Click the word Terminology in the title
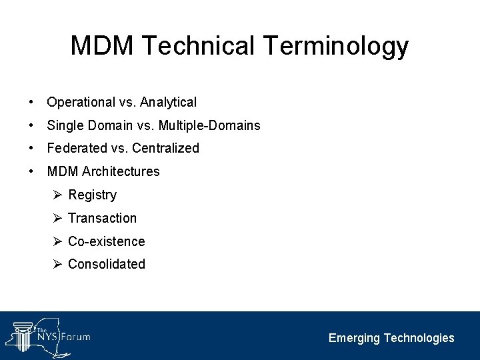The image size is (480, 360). click(335, 47)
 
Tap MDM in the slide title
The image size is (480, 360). click(102, 47)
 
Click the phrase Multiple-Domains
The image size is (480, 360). click(213, 125)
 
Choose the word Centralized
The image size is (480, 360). click(165, 148)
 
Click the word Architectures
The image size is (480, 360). click(121, 171)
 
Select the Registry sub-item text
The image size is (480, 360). click(92, 195)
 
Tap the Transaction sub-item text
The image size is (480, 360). click(102, 218)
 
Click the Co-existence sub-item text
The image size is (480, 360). click(106, 241)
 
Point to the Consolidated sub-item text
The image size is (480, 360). click(106, 264)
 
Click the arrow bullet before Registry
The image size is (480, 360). click(57, 195)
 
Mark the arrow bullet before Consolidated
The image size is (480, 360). click(57, 263)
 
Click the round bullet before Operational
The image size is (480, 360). click(31, 103)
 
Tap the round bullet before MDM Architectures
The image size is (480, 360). click(31, 171)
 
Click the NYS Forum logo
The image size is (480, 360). click(48, 334)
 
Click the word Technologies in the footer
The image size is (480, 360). click(419, 338)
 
